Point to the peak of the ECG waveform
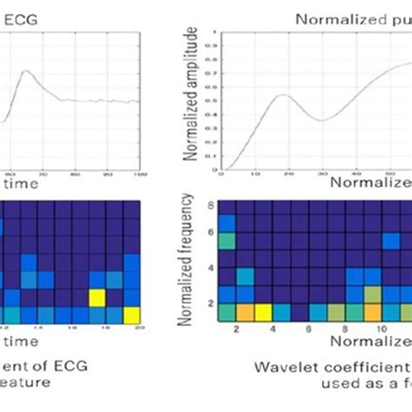coord(28,71)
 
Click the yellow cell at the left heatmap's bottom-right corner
coord(131,314)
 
